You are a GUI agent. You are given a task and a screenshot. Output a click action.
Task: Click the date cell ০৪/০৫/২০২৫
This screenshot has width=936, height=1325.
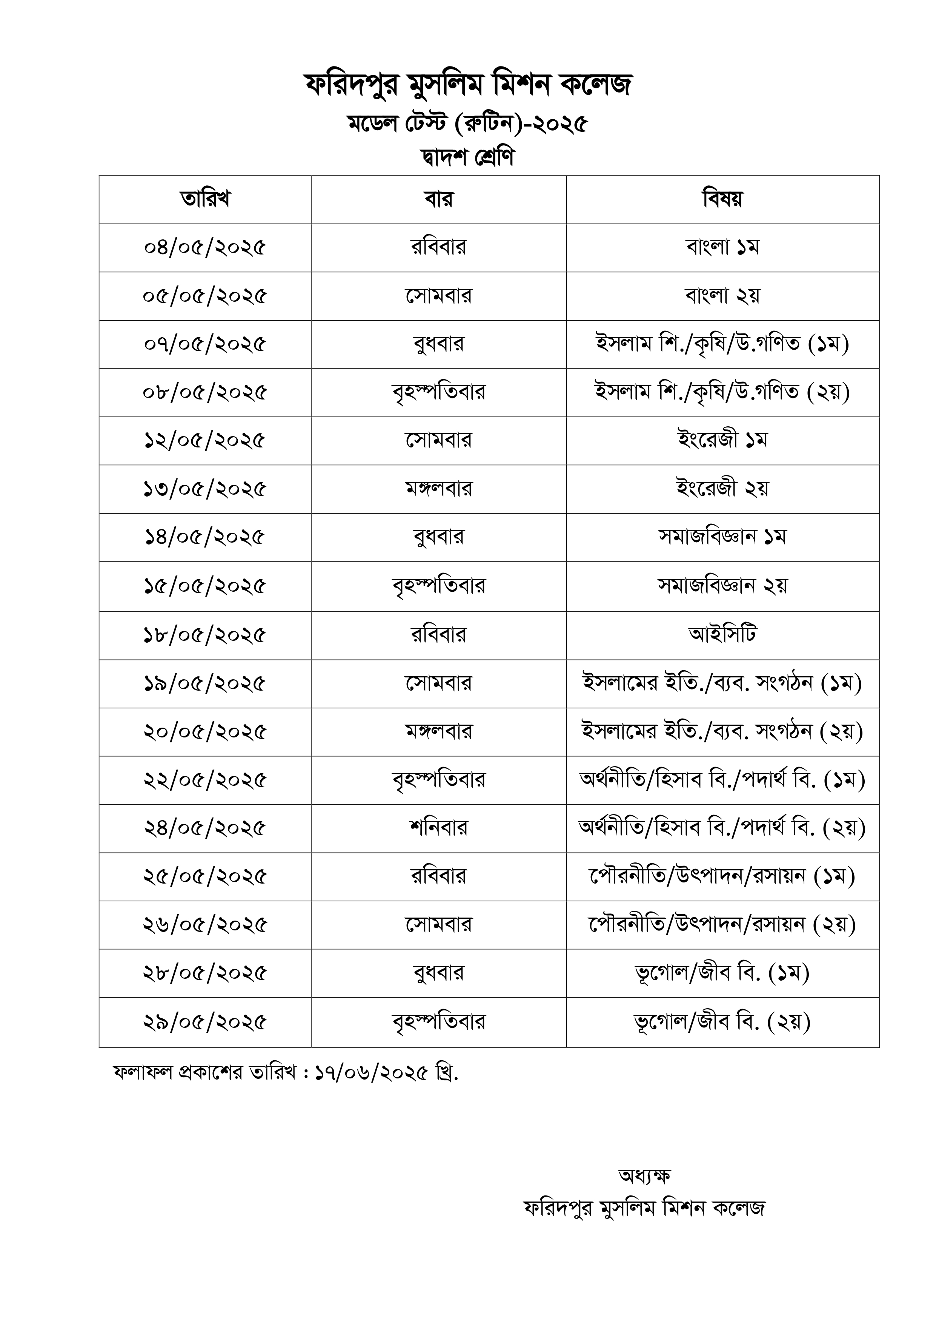click(x=205, y=248)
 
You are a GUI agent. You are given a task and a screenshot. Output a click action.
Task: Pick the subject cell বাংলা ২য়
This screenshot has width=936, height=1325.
click(x=722, y=296)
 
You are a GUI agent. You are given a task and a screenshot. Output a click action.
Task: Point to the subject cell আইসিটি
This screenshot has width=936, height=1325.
click(x=722, y=635)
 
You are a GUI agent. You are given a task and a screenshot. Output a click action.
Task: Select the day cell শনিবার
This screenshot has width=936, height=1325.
click(x=438, y=828)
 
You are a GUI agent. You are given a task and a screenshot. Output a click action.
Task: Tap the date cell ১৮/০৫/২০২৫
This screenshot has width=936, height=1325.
click(x=205, y=635)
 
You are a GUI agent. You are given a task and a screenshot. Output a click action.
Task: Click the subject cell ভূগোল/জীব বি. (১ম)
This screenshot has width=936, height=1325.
click(x=722, y=973)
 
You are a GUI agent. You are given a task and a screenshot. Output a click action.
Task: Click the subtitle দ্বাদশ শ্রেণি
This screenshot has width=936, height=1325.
click(x=467, y=157)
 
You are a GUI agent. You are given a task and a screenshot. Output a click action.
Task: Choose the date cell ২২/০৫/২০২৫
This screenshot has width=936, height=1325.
click(x=205, y=780)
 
